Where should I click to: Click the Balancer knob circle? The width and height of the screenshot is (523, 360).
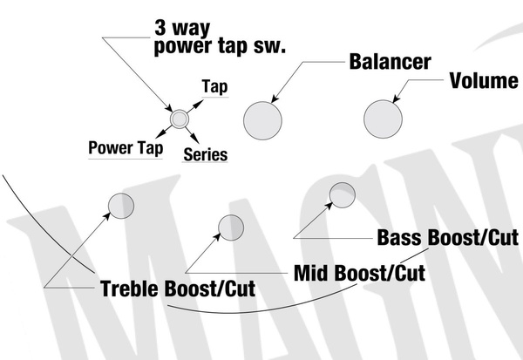tap(263, 119)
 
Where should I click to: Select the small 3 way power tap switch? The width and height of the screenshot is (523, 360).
tap(179, 118)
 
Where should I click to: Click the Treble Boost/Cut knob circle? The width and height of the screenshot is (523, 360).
tap(121, 206)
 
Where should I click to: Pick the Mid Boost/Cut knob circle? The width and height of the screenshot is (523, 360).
tap(230, 227)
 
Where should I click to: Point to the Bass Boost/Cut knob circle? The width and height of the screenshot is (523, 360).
tap(342, 194)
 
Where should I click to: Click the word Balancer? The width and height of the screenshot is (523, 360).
tap(390, 63)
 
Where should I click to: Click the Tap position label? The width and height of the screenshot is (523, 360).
tap(214, 88)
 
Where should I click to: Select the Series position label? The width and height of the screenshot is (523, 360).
tap(206, 154)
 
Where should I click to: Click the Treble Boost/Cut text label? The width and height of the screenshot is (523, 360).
tap(177, 289)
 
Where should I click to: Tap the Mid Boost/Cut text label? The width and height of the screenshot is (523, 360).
tap(359, 273)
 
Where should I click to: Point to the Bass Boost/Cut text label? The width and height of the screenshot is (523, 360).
tap(443, 236)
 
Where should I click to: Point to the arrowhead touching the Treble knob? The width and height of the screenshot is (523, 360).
tap(113, 214)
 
